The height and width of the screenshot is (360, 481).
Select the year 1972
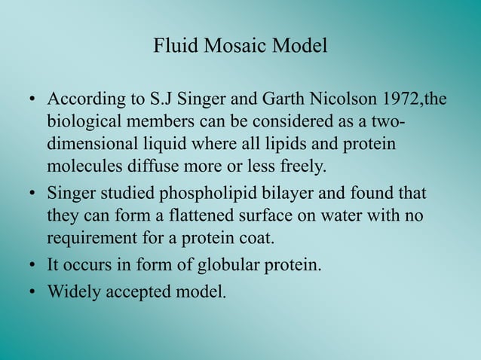click(406, 100)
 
